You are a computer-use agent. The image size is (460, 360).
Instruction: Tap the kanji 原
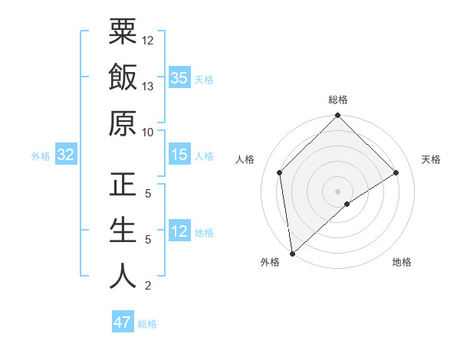click(x=123, y=123)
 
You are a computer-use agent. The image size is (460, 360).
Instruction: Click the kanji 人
click(x=123, y=277)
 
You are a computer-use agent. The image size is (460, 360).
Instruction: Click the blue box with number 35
click(x=179, y=77)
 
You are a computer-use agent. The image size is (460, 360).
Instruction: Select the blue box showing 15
click(x=179, y=155)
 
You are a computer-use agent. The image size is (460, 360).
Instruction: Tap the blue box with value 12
click(x=179, y=231)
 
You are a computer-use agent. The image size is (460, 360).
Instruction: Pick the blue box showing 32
click(x=65, y=155)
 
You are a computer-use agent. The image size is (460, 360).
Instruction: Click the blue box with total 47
click(x=123, y=322)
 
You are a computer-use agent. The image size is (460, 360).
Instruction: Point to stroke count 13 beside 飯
click(x=148, y=87)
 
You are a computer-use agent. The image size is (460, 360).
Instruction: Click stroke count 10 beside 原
click(x=148, y=132)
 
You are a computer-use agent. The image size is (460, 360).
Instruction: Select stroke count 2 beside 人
click(x=148, y=286)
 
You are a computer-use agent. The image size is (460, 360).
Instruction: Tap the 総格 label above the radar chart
click(x=338, y=100)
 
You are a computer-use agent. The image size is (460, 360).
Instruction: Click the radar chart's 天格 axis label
click(x=432, y=159)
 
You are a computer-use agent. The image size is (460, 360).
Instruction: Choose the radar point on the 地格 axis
click(x=347, y=204)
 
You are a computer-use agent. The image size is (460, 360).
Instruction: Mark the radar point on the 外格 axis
click(x=292, y=254)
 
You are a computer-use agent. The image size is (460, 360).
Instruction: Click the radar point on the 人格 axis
click(x=280, y=172)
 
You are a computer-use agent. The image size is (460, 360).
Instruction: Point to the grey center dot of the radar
click(x=338, y=191)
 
